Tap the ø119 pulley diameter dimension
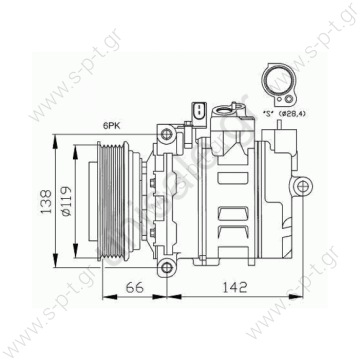pos(65,200)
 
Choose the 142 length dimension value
pos(235,287)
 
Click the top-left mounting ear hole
pos(167,133)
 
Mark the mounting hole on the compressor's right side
pos(301,186)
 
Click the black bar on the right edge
pos(343,180)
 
